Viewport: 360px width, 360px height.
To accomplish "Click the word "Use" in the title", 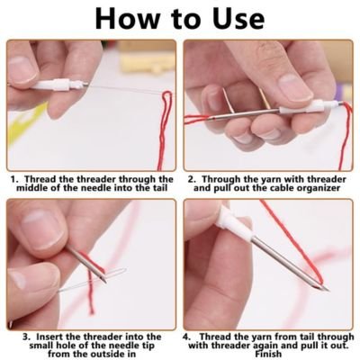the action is pyautogui.click(x=238, y=18).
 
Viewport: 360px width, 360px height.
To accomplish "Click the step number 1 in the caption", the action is pyautogui.click(x=13, y=179).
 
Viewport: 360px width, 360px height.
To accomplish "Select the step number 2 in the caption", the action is pyautogui.click(x=191, y=179).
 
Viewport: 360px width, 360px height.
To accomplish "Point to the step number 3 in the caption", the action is pyautogui.click(x=26, y=337).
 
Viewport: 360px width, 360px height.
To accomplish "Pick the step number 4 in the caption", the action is pyautogui.click(x=186, y=337).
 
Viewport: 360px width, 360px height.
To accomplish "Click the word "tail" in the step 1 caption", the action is pyautogui.click(x=158, y=188).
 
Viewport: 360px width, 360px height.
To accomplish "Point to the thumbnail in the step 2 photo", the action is pyautogui.click(x=295, y=87).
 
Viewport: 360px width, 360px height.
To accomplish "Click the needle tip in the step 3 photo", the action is pyautogui.click(x=104, y=281).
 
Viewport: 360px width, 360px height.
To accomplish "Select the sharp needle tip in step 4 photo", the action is pyautogui.click(x=327, y=290).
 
